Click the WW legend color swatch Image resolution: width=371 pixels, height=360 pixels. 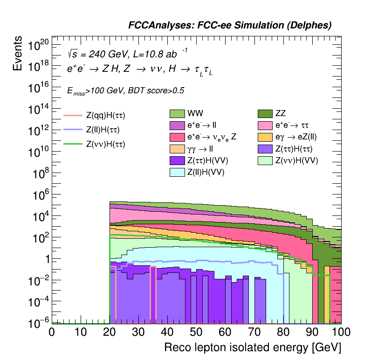click(177, 113)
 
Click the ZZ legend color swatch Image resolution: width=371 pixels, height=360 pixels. click(266, 113)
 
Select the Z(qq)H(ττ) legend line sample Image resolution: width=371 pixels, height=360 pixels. click(73, 115)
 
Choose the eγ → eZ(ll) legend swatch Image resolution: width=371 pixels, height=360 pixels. click(266, 137)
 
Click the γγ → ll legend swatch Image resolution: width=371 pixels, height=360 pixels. click(177, 149)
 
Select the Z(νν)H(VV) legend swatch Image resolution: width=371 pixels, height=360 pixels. click(266, 161)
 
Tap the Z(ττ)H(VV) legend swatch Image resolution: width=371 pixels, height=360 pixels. click(177, 161)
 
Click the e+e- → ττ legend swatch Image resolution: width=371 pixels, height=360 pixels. click(266, 125)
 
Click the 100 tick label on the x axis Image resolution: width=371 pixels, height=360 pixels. click(341, 333)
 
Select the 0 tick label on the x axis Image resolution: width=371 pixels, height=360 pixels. click(52, 333)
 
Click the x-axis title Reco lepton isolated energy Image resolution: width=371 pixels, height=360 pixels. click(253, 348)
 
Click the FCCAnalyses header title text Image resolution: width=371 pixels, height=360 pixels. click(230, 26)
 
